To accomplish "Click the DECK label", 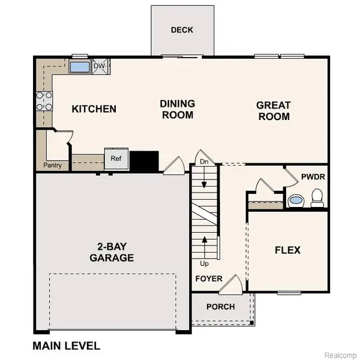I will click(181, 30).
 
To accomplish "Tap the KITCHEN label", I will click(94, 109).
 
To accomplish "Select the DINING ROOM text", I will click(177, 109).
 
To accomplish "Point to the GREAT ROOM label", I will click(273, 110).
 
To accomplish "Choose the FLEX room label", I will click(287, 250).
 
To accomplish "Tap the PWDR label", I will click(312, 177).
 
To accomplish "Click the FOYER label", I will click(208, 279).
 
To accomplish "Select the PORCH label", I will click(220, 307).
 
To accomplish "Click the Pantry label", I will click(55, 165).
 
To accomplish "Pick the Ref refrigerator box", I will click(115, 159).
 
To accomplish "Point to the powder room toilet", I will click(317, 197).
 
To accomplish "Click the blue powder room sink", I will click(295, 201).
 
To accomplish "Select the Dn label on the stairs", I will click(204, 161).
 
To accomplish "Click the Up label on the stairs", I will click(205, 263).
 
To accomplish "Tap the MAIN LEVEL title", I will click(66, 346).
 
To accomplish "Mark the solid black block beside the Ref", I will click(144, 160).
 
